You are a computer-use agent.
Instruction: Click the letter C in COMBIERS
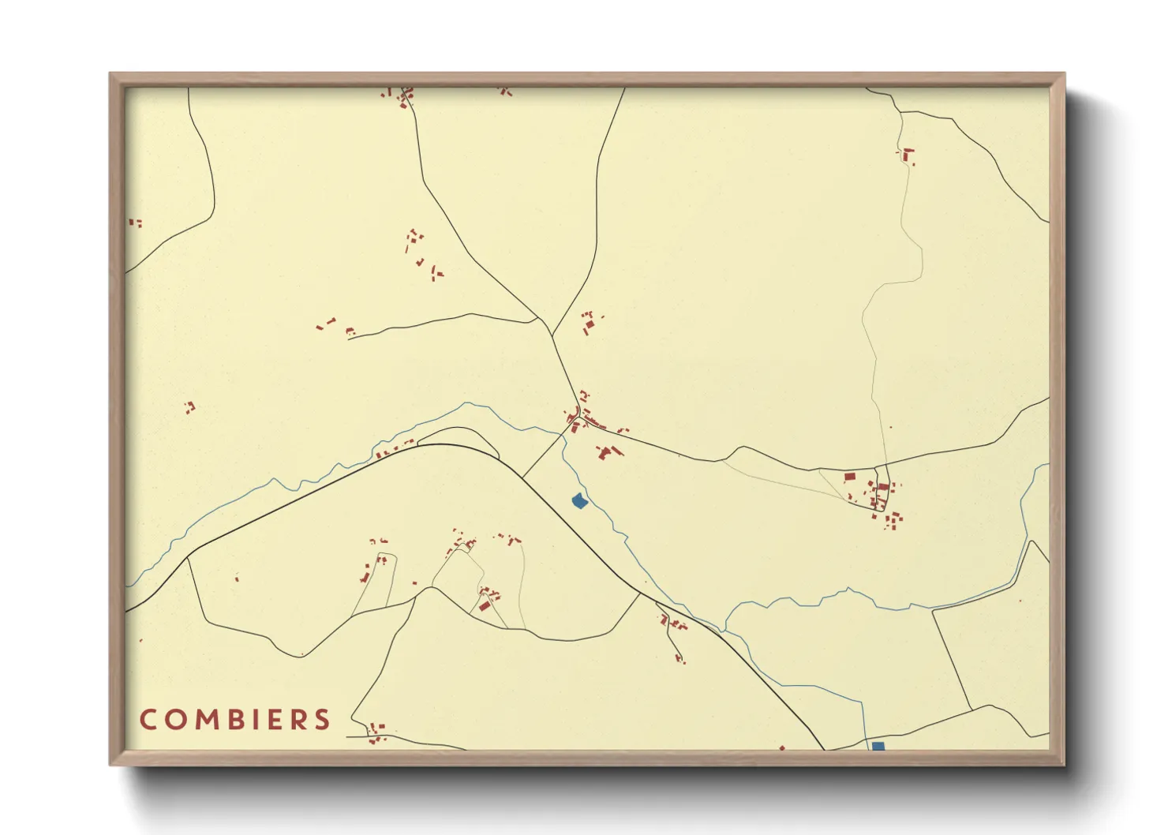pyautogui.click(x=148, y=720)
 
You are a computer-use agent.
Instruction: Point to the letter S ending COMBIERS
pyautogui.click(x=321, y=720)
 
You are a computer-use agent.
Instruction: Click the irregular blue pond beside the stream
pyautogui.click(x=579, y=500)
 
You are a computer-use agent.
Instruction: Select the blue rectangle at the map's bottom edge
pyautogui.click(x=878, y=746)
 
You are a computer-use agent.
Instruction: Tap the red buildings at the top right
pyautogui.click(x=908, y=155)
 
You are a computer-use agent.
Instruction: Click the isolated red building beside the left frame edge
pyautogui.click(x=135, y=223)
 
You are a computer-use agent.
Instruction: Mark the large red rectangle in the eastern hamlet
pyautogui.click(x=850, y=477)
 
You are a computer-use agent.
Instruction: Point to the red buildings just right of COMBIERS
pyautogui.click(x=376, y=732)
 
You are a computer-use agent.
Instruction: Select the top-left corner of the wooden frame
pyautogui.click(x=110, y=74)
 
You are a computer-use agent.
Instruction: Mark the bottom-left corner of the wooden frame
pyautogui.click(x=110, y=764)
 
